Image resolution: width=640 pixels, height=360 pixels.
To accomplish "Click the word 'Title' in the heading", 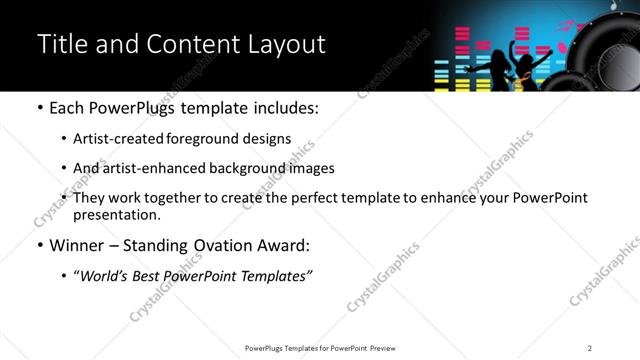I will pos(59,44).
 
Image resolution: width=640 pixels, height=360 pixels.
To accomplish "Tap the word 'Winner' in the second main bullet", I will pos(79,245).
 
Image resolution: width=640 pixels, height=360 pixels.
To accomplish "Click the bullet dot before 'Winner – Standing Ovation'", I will pos(39,246).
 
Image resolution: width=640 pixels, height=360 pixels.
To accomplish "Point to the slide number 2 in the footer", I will pos(590,348).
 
